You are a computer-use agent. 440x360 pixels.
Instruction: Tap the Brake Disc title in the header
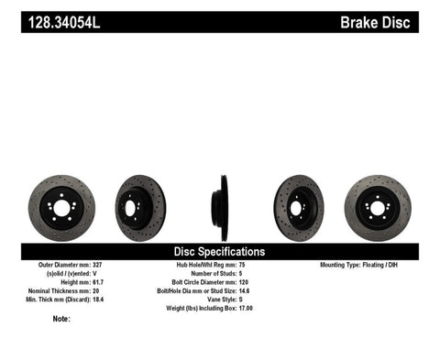click(x=384, y=20)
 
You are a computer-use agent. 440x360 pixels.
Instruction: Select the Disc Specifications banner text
click(x=220, y=251)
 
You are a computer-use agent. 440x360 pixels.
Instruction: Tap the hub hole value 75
click(x=243, y=266)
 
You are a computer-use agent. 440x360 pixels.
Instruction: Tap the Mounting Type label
click(x=346, y=266)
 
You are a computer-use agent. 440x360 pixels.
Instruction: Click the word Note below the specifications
click(x=61, y=320)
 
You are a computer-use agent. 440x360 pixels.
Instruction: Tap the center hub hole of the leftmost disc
click(x=61, y=208)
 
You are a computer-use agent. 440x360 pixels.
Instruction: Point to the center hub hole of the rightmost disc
click(x=378, y=208)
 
